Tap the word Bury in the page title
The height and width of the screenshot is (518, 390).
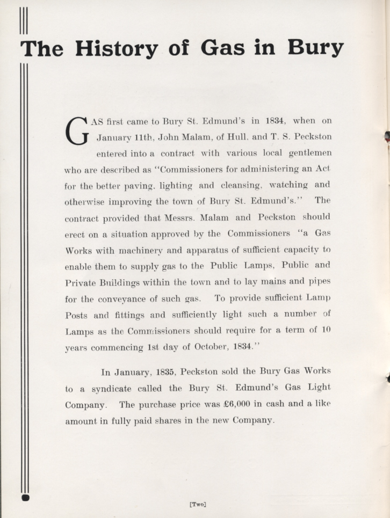click(x=315, y=48)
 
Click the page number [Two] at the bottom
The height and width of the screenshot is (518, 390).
click(x=198, y=504)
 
